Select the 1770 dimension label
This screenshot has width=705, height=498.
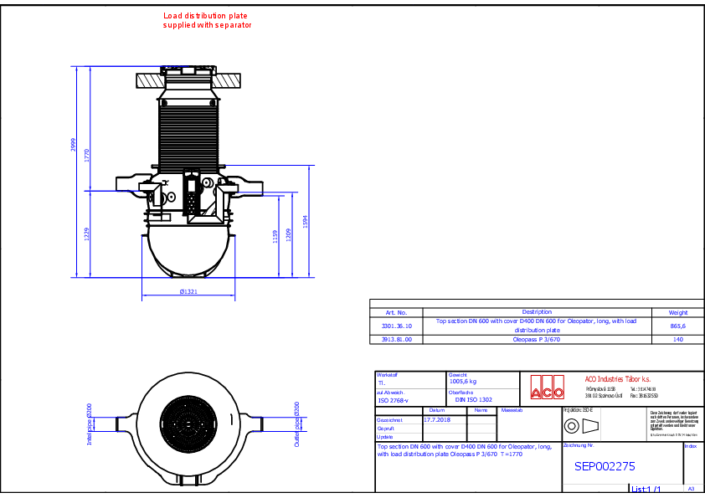pyautogui.click(x=86, y=155)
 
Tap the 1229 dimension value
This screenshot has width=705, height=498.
pyautogui.click(x=86, y=234)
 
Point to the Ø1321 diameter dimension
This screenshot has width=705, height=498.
pyautogui.click(x=188, y=292)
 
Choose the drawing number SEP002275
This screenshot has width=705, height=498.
pyautogui.click(x=605, y=467)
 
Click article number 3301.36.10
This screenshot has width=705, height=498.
pyautogui.click(x=397, y=326)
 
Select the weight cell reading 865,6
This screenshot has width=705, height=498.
pyautogui.click(x=677, y=326)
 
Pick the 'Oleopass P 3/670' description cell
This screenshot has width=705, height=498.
pyautogui.click(x=536, y=340)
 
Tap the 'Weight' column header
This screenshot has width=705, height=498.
pyautogui.click(x=677, y=312)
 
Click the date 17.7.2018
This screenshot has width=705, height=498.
pyautogui.click(x=436, y=419)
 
